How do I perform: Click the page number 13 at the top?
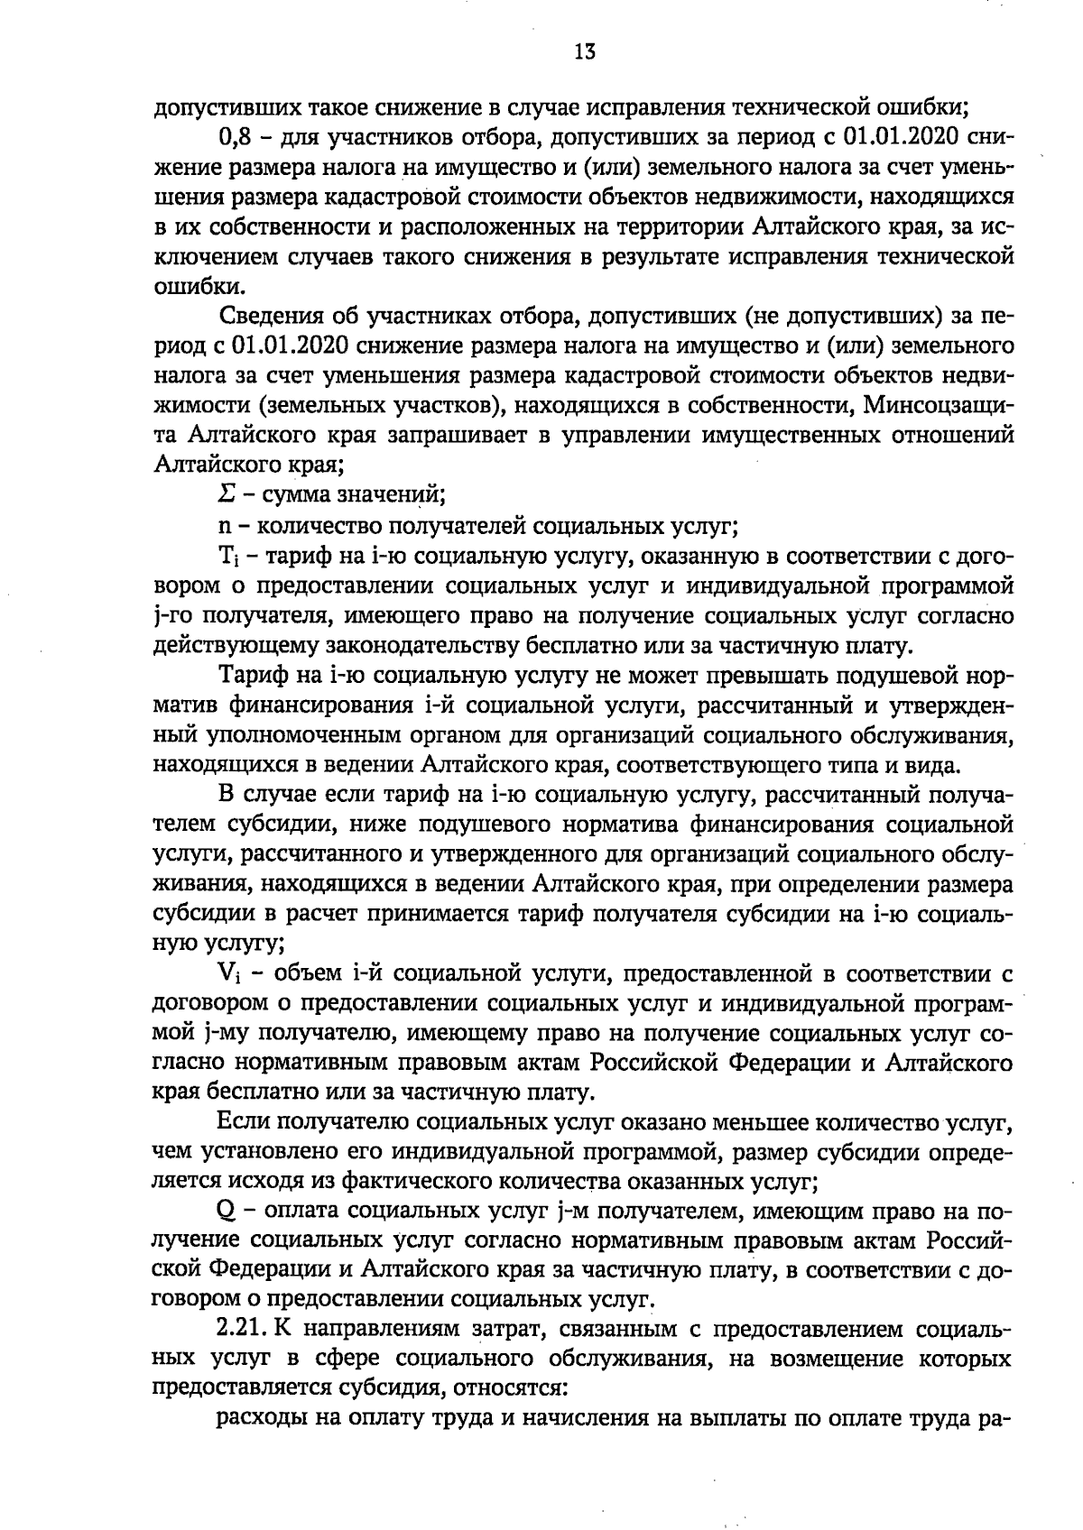pyautogui.click(x=584, y=51)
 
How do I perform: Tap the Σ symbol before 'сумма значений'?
pyautogui.click(x=227, y=493)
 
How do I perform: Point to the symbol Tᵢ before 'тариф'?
pyautogui.click(x=229, y=555)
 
